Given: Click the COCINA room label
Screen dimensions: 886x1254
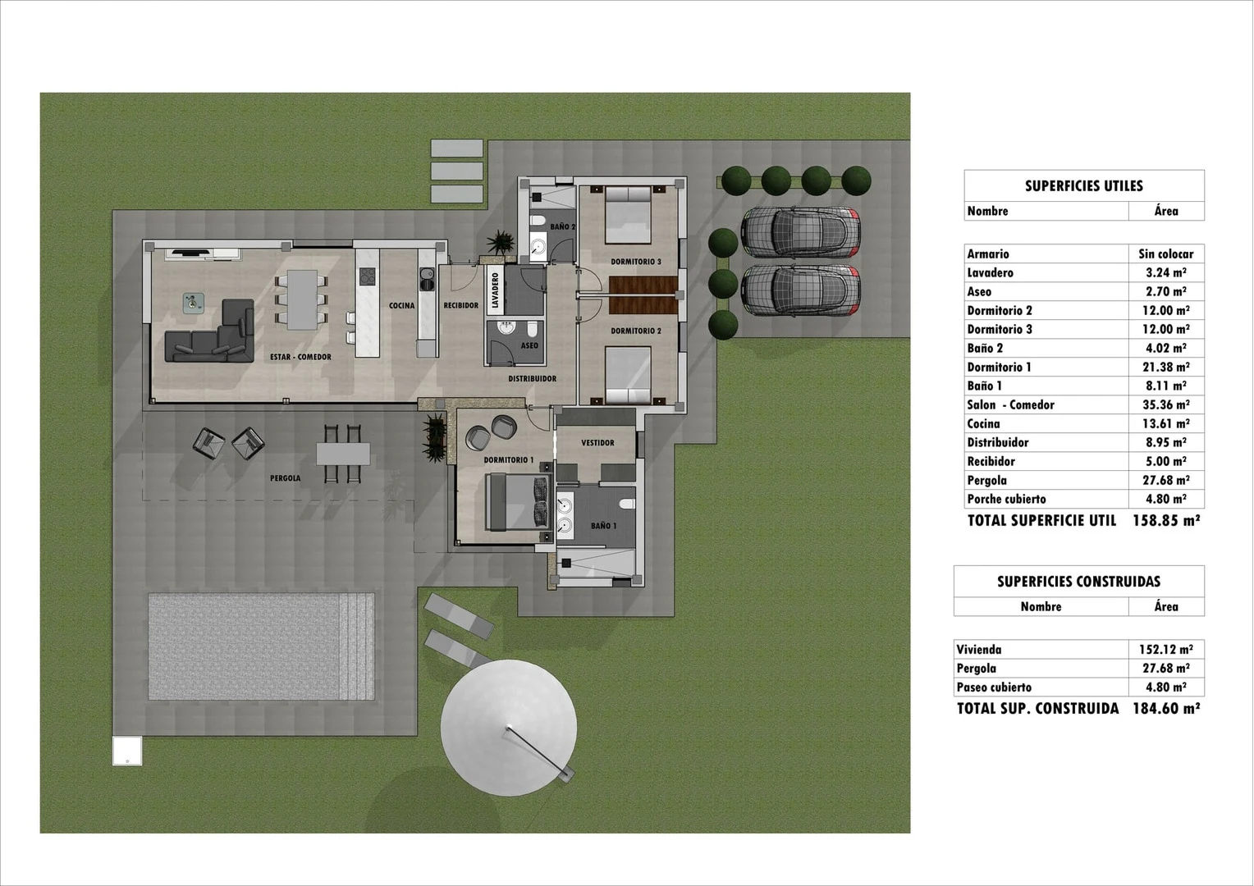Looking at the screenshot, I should click(x=401, y=305).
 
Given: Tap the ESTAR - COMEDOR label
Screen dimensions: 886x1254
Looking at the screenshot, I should click(x=300, y=357).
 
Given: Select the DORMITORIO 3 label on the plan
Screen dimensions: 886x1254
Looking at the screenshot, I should click(x=635, y=262).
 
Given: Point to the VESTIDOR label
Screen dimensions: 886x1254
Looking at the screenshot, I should click(x=597, y=443).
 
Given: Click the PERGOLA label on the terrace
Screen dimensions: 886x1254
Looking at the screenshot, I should click(x=285, y=478).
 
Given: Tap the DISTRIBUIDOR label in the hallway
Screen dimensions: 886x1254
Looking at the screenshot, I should click(x=532, y=379).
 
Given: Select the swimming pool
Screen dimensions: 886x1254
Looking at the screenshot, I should click(x=261, y=646).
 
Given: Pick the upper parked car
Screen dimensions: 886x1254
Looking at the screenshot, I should click(x=800, y=231).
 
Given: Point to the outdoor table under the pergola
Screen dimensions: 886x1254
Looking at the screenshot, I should click(x=343, y=454).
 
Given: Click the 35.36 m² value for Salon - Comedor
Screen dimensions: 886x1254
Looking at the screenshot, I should click(x=1165, y=404).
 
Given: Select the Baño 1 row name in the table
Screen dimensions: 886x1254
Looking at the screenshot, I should click(x=984, y=386).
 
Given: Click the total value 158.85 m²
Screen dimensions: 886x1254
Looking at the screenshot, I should click(x=1166, y=520).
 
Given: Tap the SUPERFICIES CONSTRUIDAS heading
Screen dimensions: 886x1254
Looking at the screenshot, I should click(x=1078, y=582).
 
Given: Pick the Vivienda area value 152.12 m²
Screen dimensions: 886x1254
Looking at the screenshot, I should click(x=1165, y=650).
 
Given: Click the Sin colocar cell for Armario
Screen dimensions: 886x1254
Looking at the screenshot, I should click(x=1165, y=254).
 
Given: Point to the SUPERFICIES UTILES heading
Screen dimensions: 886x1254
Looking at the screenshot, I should click(x=1083, y=186).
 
